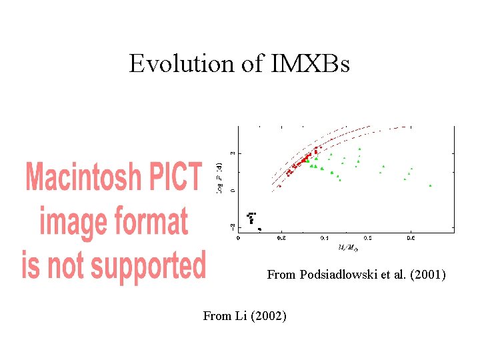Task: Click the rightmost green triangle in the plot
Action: point(430,185)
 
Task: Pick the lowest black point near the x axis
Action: point(259,229)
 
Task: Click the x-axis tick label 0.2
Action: point(281,237)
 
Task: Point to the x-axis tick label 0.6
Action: point(411,237)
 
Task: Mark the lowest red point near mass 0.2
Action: point(279,186)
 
